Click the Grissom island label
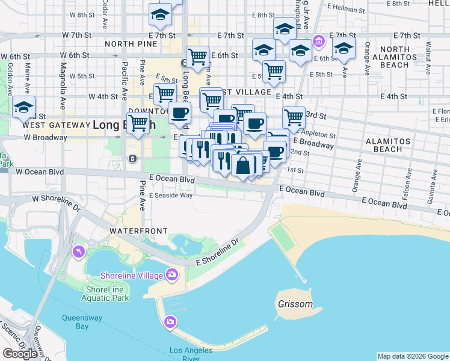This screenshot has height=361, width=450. click(295, 304)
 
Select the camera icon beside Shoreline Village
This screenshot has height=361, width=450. click(172, 275)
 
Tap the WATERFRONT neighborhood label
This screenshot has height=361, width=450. click(134, 231)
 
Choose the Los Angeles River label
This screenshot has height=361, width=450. click(191, 354)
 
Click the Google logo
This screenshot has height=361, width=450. click(20, 354)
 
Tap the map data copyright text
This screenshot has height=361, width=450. click(413, 356)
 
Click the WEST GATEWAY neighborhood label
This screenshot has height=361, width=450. click(54, 125)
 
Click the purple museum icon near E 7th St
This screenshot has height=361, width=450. click(319, 41)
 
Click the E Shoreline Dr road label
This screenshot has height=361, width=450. click(217, 251)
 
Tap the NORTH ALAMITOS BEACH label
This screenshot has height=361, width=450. click(395, 57)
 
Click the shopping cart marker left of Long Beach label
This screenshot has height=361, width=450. click(138, 123)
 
